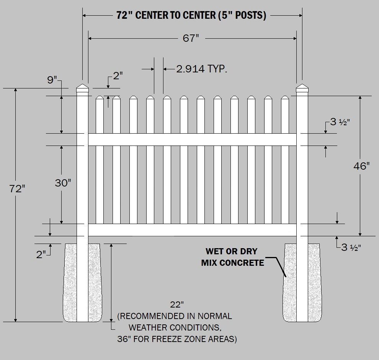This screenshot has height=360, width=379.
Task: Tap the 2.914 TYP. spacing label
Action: [x=202, y=69]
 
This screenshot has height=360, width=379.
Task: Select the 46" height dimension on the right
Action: [x=361, y=166]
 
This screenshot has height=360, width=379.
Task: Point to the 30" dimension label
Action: [x=63, y=183]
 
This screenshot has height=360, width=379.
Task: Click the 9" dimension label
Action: [x=52, y=80]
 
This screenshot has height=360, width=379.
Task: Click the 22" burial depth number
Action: [x=176, y=305]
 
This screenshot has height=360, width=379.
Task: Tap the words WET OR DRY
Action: [x=232, y=252]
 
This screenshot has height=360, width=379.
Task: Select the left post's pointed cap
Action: [x=82, y=88]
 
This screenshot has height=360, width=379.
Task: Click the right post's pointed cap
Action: [x=302, y=88]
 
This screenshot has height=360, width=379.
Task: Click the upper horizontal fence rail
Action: [x=191, y=139]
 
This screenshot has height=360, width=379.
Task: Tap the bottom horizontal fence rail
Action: [x=191, y=230]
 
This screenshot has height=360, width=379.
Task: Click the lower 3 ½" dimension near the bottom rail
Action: [x=351, y=247]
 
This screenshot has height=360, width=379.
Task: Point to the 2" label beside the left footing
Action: [x=41, y=254]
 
